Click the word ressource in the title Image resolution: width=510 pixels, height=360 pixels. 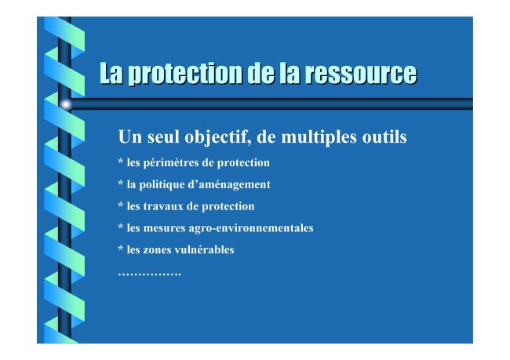tap(360, 74)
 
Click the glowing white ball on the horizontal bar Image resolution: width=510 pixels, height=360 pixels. tap(66, 104)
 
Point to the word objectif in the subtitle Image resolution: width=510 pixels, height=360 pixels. tap(217, 137)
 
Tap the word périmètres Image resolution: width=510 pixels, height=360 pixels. tap(171, 162)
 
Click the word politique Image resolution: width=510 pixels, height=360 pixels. tap(162, 185)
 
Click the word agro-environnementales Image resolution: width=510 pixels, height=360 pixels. tap(251, 228)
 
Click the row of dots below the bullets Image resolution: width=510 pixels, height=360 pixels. tap(149, 275)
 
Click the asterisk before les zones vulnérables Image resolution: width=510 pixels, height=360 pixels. tap(121, 249)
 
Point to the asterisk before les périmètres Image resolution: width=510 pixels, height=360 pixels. tap(121, 162)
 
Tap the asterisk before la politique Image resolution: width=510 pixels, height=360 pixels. tap(121, 183)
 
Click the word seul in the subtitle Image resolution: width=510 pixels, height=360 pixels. tap(164, 136)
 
